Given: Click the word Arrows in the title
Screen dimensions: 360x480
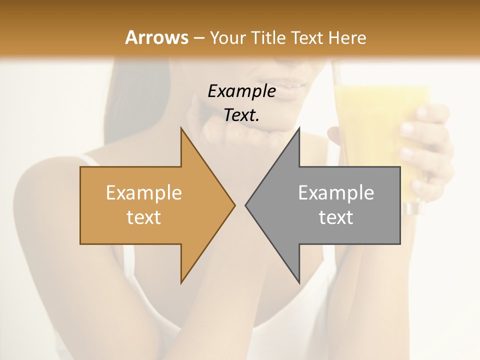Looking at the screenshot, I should click(157, 37).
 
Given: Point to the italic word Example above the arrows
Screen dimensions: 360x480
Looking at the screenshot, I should click(241, 91).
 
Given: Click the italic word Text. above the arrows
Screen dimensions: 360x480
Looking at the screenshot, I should click(241, 115).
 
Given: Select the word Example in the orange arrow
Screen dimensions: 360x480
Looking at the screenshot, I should click(143, 193).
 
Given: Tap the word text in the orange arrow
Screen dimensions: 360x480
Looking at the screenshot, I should click(143, 217).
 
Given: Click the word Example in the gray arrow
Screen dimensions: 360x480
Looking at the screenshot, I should click(335, 193).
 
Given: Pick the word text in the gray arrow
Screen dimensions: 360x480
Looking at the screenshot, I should click(335, 217).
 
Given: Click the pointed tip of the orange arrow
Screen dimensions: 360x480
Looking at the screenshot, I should click(233, 205).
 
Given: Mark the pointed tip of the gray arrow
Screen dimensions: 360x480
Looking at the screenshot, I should click(246, 205).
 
